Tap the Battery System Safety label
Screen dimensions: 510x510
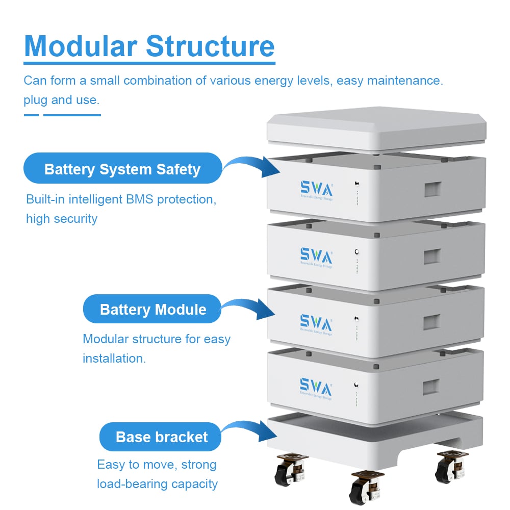122,169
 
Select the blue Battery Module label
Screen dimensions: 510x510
152,310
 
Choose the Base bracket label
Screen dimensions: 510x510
162,437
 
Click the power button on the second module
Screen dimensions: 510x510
356,251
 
